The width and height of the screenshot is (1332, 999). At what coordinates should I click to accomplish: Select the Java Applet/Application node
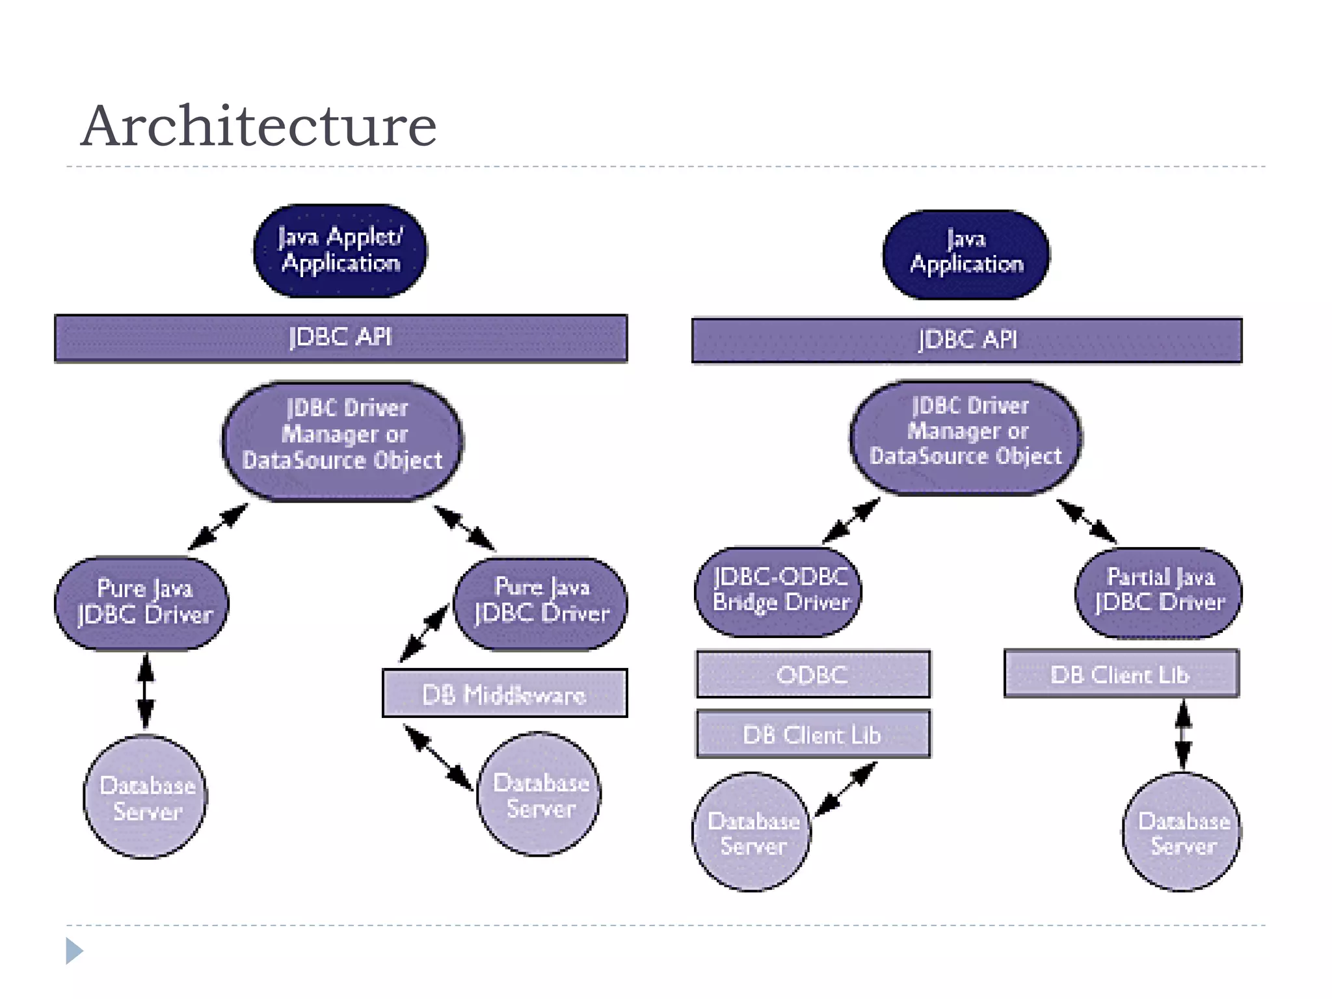pos(340,251)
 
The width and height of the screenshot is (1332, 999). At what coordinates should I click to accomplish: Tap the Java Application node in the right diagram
pos(966,254)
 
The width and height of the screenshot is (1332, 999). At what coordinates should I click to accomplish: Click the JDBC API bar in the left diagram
pos(341,338)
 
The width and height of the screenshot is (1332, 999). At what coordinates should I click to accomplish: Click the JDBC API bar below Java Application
pos(966,340)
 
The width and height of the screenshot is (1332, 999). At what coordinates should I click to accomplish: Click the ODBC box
pos(812,674)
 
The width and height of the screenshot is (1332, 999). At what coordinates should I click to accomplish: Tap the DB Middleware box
pos(505,694)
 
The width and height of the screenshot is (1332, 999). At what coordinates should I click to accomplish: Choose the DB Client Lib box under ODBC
pos(812,734)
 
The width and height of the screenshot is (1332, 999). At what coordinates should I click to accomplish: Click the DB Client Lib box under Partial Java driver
pos(1121,674)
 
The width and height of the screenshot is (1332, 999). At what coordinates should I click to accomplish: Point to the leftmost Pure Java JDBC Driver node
pos(142,603)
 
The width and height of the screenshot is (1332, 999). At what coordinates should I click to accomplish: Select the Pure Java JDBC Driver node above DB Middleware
pos(541,602)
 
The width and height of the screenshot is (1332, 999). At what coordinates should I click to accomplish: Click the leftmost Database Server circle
pos(146,797)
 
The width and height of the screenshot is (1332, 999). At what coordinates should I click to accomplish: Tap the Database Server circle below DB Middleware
pos(539,795)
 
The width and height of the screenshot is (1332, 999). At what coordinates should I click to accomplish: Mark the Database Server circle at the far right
pos(1182,832)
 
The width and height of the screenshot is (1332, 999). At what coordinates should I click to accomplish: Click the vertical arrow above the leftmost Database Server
pos(146,691)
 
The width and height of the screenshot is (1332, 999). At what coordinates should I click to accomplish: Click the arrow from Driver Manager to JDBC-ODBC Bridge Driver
pos(851,520)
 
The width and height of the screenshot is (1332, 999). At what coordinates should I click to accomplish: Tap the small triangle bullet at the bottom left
pos(73,951)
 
